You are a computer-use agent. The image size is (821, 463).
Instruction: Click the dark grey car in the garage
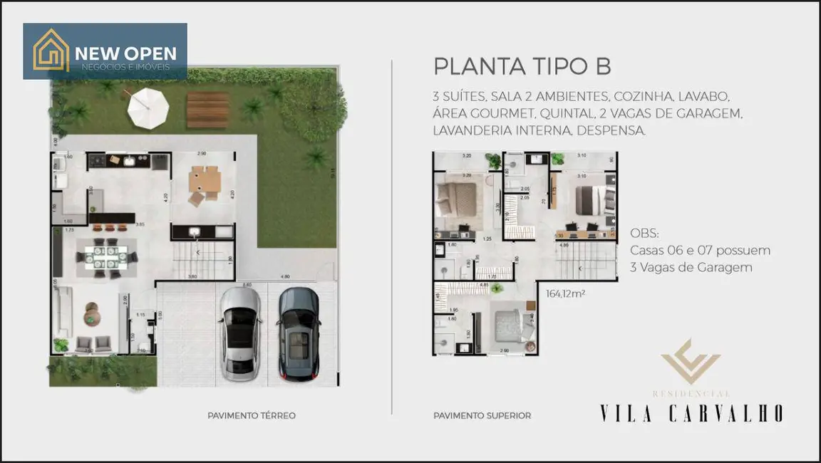(297, 333)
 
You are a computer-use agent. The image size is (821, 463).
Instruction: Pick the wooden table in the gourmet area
(205, 183)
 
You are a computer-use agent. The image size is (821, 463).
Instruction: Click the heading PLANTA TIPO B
(522, 66)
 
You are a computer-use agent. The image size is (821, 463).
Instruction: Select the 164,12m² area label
(565, 293)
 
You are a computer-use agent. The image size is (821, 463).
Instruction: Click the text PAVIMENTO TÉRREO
(251, 415)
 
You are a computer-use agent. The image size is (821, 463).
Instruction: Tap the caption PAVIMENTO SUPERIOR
(482, 415)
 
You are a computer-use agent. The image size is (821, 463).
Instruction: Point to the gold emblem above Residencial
(690, 363)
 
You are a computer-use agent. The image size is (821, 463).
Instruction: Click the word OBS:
(645, 234)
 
